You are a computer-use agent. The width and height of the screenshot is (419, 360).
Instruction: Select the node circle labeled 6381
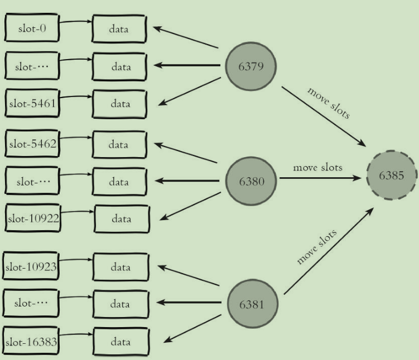tap(253, 304)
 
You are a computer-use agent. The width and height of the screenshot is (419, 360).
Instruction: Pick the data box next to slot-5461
tap(120, 104)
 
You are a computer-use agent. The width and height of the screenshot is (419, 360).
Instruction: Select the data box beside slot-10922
tap(122, 218)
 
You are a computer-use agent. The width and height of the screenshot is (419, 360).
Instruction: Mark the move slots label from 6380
tap(317, 167)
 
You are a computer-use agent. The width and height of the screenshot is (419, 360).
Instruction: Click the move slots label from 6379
tap(329, 103)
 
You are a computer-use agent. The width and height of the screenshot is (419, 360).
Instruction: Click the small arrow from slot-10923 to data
tap(76, 260)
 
